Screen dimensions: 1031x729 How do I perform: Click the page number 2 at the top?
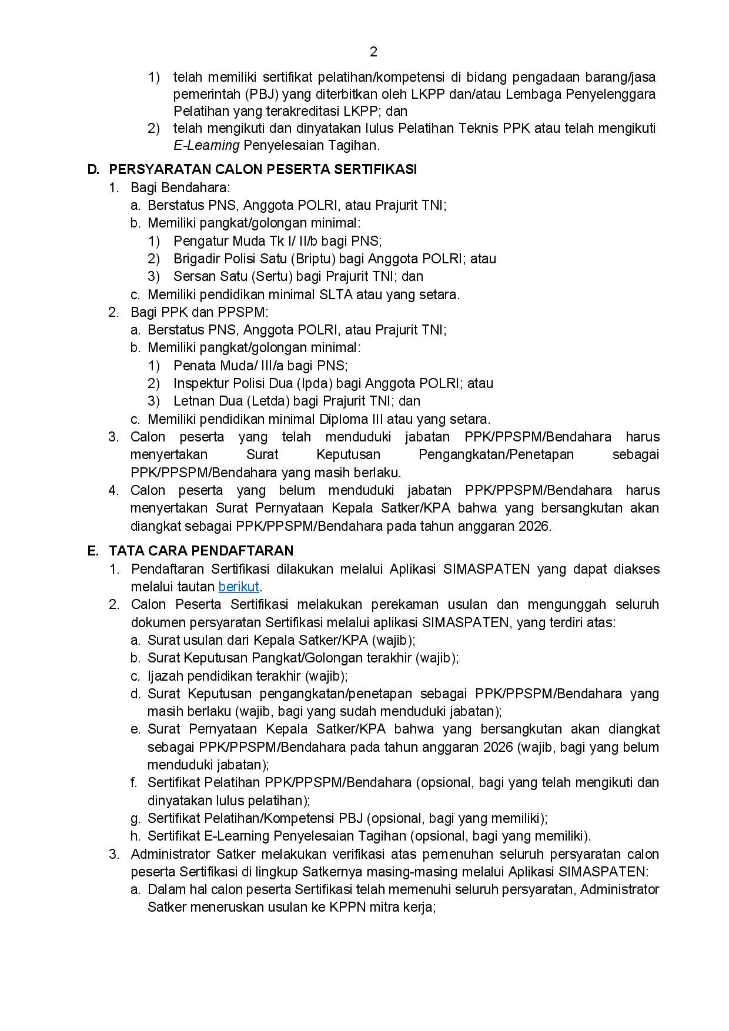373,52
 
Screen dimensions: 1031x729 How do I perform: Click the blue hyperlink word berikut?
239,587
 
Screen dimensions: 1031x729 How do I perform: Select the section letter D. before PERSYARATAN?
93,169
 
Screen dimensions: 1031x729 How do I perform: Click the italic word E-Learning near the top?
206,145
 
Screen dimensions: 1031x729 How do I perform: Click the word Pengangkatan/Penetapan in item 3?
496,454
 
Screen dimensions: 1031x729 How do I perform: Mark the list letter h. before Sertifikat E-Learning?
135,836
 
